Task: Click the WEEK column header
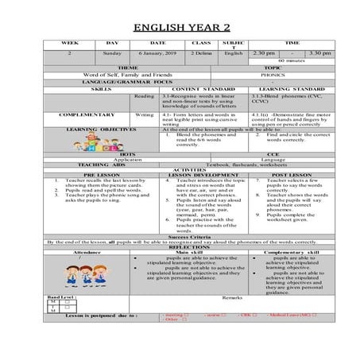[70, 43]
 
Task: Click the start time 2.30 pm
[261, 53]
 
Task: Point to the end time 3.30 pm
[321, 53]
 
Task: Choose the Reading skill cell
[144, 95]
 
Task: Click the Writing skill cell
[144, 114]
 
